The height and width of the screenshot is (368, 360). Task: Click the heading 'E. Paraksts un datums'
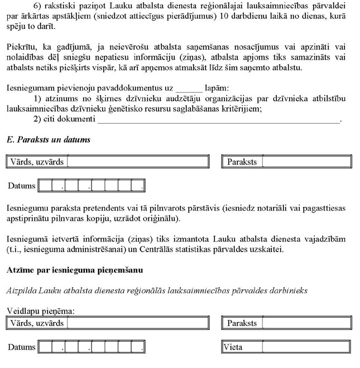[49, 139]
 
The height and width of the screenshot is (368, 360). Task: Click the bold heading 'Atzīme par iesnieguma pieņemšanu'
[75, 270]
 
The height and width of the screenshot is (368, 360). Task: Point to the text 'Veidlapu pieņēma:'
[41, 311]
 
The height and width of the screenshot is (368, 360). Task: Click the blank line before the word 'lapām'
[188, 88]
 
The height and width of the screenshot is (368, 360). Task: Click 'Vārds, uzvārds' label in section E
[36, 162]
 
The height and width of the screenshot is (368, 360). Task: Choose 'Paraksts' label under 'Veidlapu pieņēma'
[242, 323]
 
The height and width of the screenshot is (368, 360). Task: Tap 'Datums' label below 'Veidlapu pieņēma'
[22, 347]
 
